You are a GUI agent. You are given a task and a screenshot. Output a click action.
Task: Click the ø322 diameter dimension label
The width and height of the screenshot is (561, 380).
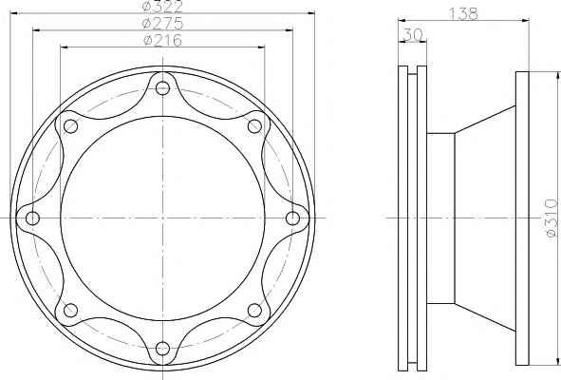pyautogui.click(x=162, y=6)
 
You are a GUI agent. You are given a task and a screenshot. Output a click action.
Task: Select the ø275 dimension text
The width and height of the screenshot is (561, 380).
pyautogui.click(x=162, y=24)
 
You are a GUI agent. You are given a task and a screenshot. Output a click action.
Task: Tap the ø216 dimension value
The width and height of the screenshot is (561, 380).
pyautogui.click(x=162, y=40)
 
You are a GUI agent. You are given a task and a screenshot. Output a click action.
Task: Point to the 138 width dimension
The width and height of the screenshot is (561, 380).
pyautogui.click(x=463, y=14)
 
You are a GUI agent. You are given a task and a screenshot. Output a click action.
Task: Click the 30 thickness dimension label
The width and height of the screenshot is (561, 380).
pyautogui.click(x=413, y=35)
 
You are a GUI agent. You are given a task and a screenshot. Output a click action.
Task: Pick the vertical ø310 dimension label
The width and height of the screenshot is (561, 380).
pyautogui.click(x=552, y=218)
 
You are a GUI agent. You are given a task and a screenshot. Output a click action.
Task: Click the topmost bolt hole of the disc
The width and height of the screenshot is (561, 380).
pyautogui.click(x=162, y=87)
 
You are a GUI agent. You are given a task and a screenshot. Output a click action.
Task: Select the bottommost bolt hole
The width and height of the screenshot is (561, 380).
pyautogui.click(x=162, y=348)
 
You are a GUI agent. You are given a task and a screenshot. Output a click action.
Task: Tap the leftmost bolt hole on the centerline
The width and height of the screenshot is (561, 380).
pyautogui.click(x=32, y=218)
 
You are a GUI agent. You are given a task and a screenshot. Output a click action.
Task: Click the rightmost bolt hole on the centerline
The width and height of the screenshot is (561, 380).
pyautogui.click(x=293, y=218)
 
